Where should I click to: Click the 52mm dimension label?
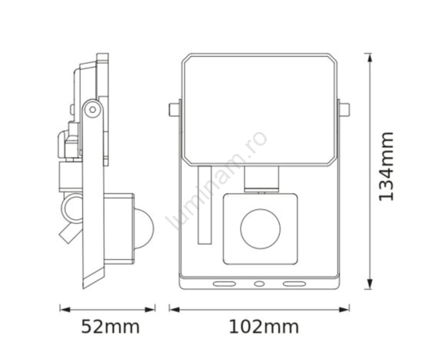click(x=110, y=327)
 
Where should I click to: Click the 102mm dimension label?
click(x=264, y=327)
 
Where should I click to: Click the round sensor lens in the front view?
click(x=260, y=229)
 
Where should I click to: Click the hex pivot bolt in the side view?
click(x=93, y=109)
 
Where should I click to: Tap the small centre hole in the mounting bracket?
click(x=259, y=284)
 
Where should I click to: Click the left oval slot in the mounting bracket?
click(x=224, y=284)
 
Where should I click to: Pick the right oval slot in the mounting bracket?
click(x=294, y=284)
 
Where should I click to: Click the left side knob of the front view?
click(x=174, y=110)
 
